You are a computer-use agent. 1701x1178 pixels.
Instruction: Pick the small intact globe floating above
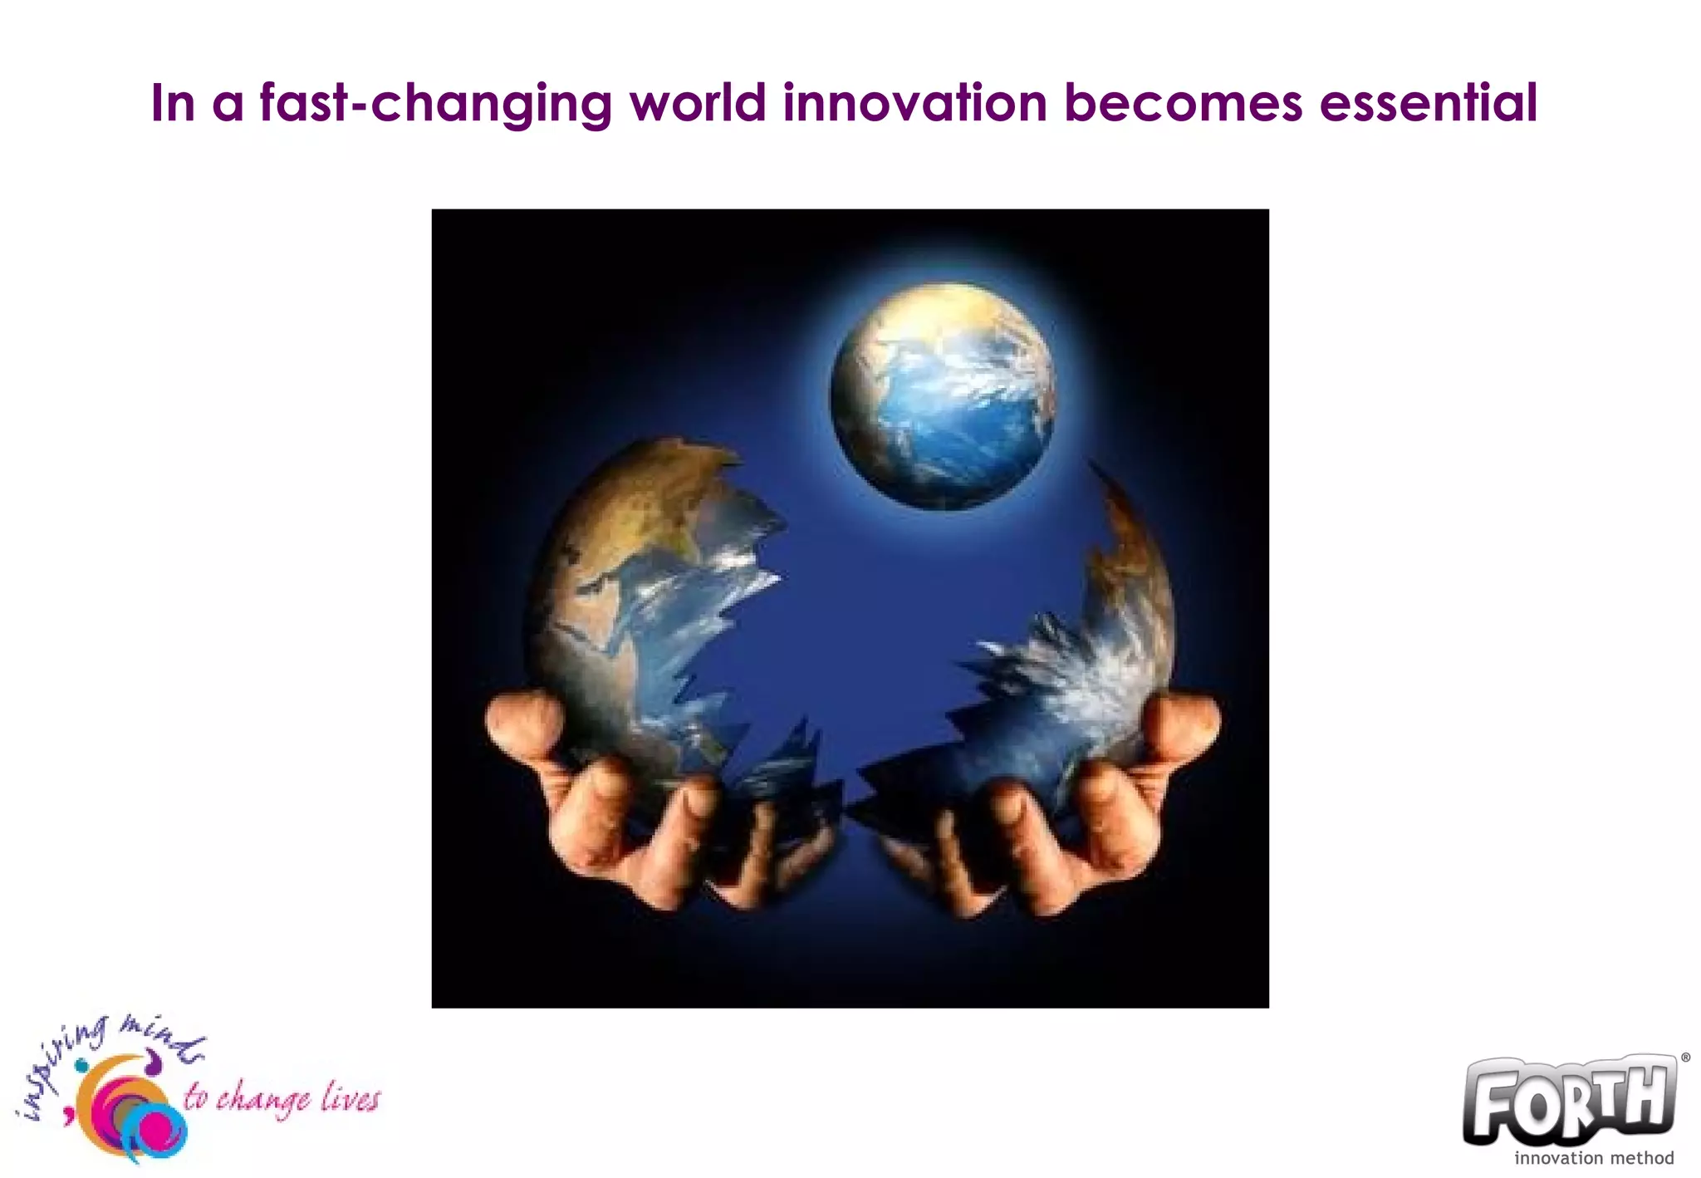(x=943, y=395)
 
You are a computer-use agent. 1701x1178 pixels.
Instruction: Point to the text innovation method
(x=1593, y=1158)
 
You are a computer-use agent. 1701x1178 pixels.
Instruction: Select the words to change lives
(x=282, y=1099)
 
